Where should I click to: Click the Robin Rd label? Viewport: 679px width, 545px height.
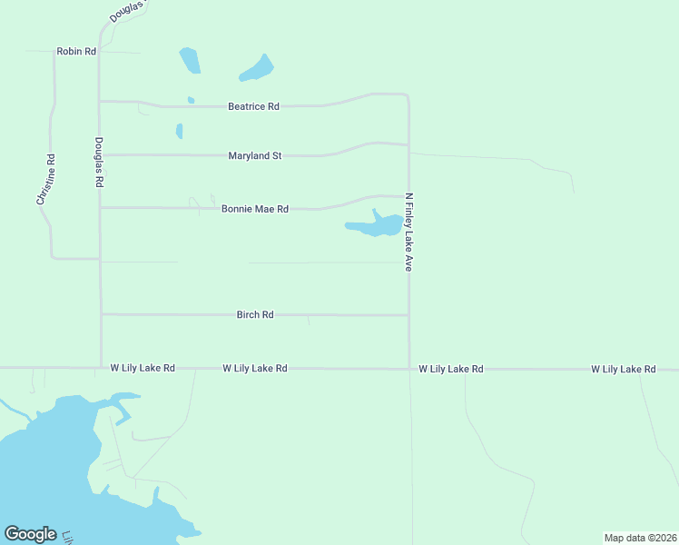76,52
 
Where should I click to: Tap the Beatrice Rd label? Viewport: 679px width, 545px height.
253,106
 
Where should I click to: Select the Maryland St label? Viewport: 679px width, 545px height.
255,156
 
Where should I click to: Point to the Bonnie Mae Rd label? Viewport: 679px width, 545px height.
255,209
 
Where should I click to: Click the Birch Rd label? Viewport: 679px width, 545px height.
255,315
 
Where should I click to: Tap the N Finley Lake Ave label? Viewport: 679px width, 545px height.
409,233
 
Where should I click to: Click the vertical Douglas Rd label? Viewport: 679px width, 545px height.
99,163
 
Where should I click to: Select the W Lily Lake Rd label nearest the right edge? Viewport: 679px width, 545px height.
624,370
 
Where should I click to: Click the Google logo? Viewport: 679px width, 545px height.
31,534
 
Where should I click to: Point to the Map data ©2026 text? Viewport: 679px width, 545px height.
640,538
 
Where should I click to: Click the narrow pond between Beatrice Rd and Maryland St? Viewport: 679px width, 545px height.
179,131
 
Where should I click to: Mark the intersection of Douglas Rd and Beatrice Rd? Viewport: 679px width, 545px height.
99,102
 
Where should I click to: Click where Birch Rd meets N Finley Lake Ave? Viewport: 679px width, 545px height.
408,315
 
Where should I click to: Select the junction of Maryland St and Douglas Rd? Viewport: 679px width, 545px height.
99,154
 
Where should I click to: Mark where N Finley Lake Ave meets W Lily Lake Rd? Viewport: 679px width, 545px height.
408,369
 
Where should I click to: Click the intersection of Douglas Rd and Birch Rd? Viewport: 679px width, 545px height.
100,314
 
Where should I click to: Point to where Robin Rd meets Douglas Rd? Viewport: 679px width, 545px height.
99,51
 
